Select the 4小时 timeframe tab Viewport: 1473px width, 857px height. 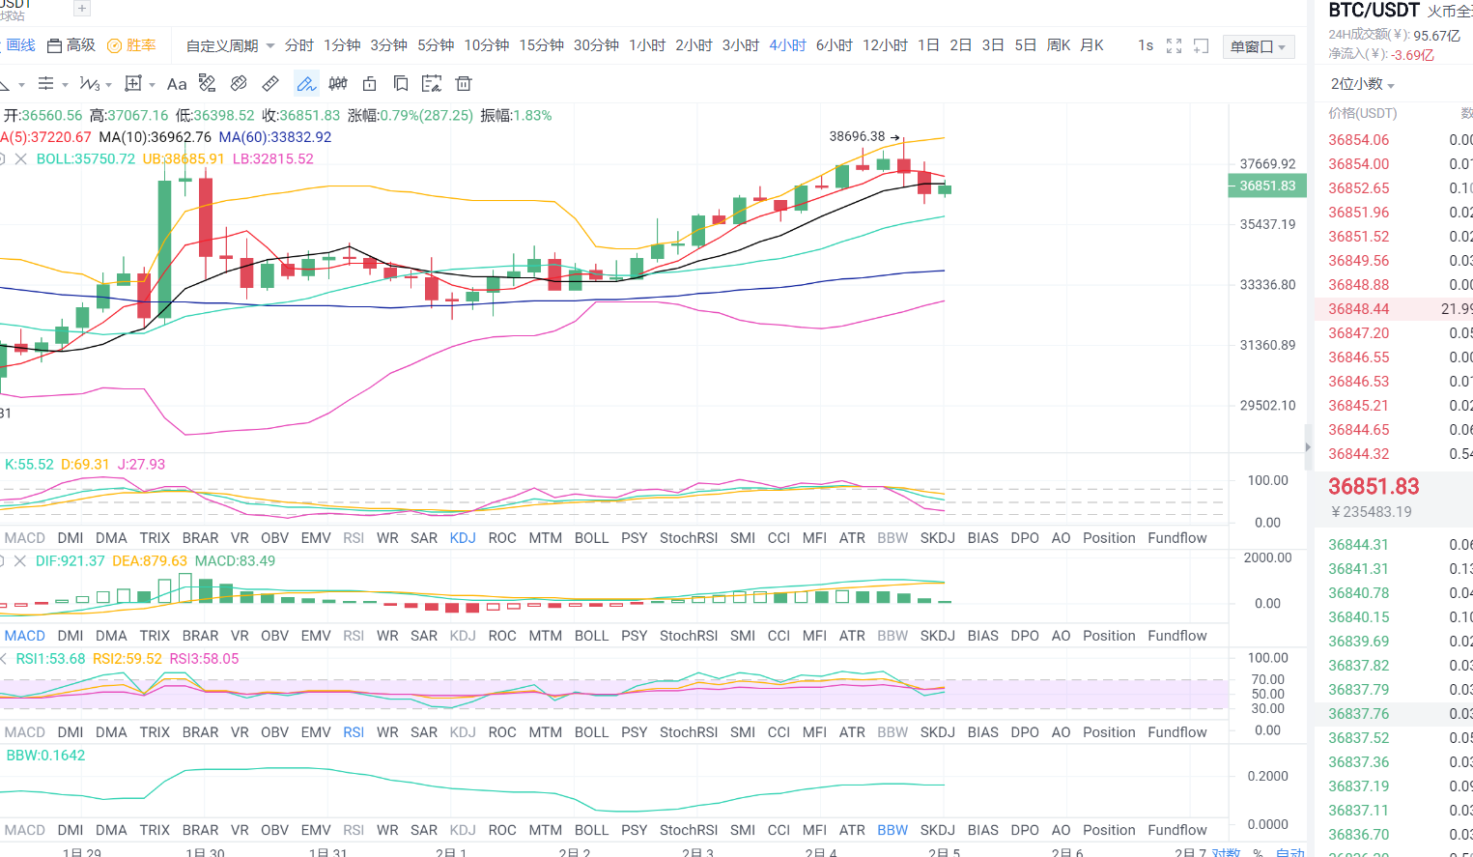click(x=787, y=45)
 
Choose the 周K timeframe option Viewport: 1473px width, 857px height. click(x=1059, y=45)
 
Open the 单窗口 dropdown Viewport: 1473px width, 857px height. click(x=1258, y=46)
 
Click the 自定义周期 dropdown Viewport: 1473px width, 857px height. click(x=230, y=45)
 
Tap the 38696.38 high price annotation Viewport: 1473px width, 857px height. click(x=857, y=136)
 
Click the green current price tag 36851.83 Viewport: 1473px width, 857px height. click(x=1267, y=186)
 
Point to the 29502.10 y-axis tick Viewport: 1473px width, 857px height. click(x=1267, y=406)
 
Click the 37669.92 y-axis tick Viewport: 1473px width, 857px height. click(x=1267, y=164)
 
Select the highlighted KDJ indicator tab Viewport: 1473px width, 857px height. click(x=463, y=538)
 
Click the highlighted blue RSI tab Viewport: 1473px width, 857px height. click(x=354, y=732)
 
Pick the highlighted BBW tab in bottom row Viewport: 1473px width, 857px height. click(x=892, y=830)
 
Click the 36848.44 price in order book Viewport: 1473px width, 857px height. click(x=1358, y=309)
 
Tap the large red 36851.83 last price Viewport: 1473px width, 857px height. click(x=1374, y=486)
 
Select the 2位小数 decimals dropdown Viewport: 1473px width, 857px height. click(x=1362, y=84)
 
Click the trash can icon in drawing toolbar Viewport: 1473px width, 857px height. click(x=464, y=84)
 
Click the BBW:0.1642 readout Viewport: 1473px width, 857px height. click(x=45, y=756)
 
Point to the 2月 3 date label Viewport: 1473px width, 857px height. click(x=697, y=852)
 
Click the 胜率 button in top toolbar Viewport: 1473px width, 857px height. click(x=132, y=45)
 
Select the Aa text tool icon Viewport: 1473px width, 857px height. click(x=177, y=84)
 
